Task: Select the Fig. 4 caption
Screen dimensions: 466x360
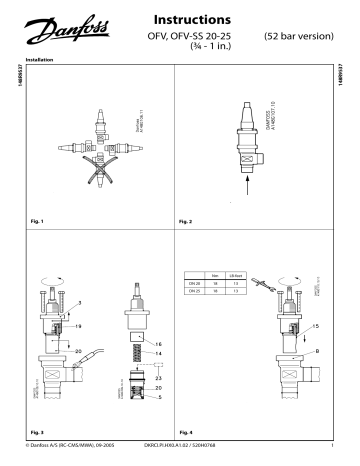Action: coord(186,428)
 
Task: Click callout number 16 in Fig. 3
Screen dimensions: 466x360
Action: coord(159,342)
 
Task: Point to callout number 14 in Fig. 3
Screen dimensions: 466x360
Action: coord(158,353)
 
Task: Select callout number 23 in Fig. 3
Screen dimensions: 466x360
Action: coord(159,378)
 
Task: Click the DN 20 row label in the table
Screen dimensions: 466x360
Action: coord(194,283)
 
